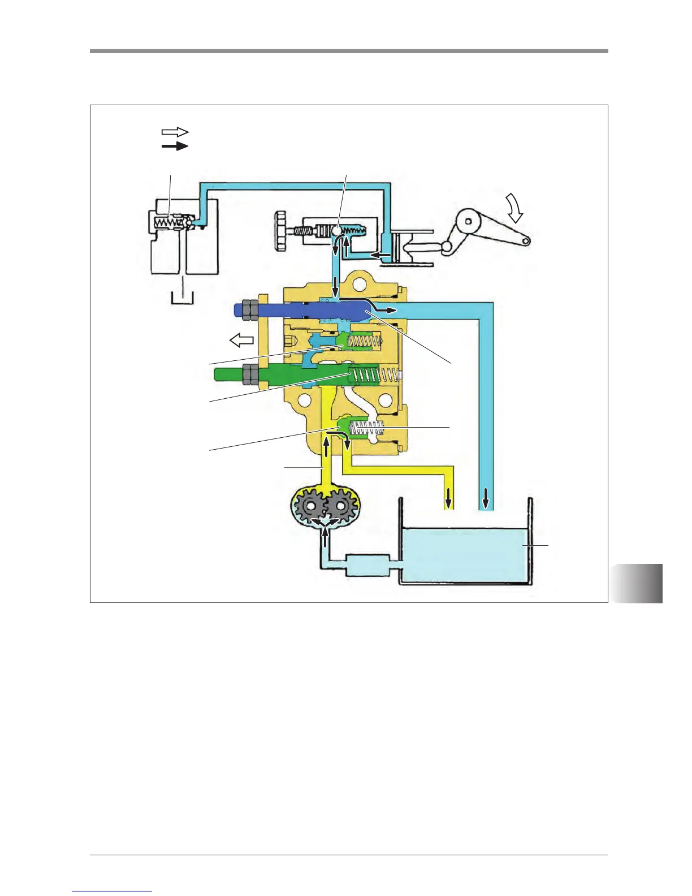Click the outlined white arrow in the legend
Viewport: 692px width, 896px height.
click(175, 132)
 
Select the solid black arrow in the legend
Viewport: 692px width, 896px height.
click(175, 146)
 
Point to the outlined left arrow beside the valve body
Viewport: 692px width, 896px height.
click(241, 340)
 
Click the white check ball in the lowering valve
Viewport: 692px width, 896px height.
click(336, 231)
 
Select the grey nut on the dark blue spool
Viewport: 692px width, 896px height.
click(251, 309)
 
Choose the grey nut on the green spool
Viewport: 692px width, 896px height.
click(249, 373)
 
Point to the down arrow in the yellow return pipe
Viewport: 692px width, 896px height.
click(449, 498)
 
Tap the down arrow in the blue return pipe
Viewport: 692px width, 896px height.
click(485, 498)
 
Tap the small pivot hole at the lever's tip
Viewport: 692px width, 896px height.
click(526, 241)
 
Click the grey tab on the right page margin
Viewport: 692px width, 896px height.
click(637, 583)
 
